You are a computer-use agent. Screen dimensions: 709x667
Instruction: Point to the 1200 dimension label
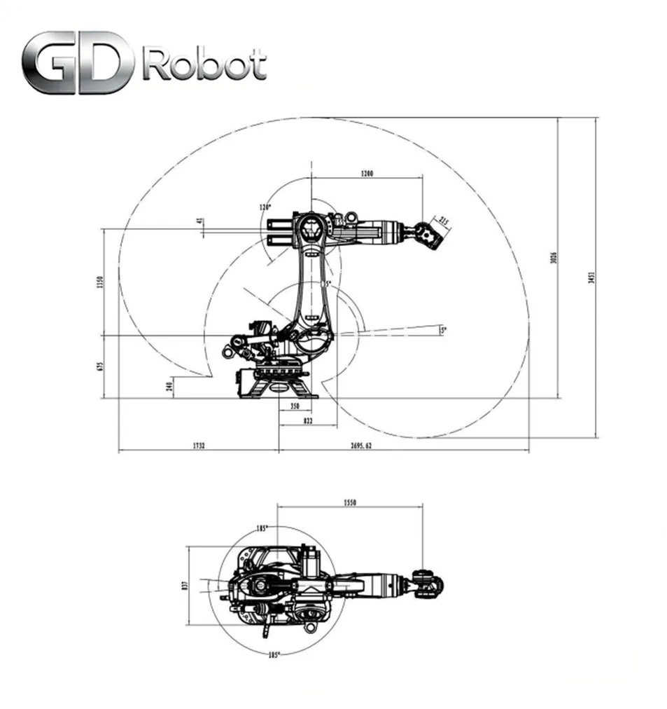[x=366, y=173]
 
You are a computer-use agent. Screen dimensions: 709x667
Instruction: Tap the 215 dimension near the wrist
[x=443, y=221]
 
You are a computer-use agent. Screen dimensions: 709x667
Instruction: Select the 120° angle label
[x=264, y=207]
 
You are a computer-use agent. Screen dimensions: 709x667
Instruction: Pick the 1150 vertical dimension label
[x=100, y=282]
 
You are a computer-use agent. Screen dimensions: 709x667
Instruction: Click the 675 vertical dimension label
[x=100, y=366]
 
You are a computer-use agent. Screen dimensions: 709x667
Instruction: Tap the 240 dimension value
[x=171, y=387]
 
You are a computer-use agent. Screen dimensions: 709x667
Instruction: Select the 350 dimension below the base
[x=294, y=407]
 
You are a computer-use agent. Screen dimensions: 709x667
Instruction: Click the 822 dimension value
[x=307, y=421]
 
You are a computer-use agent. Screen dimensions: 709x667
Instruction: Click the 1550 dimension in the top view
[x=351, y=502]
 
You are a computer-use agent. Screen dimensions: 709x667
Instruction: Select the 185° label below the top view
[x=274, y=655]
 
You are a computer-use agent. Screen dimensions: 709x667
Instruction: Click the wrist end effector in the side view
[x=427, y=234]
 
